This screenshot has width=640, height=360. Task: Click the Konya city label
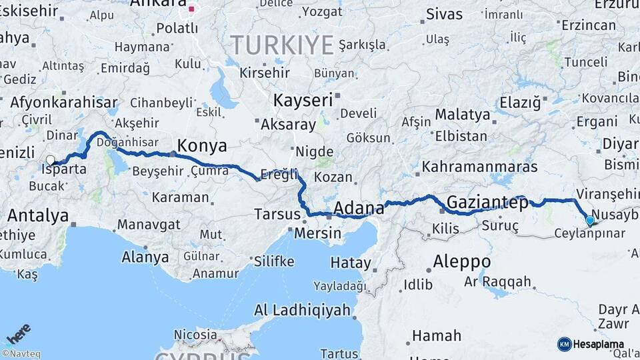(x=201, y=146)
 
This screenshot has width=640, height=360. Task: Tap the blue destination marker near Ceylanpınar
(x=589, y=221)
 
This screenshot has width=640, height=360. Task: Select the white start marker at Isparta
(x=51, y=160)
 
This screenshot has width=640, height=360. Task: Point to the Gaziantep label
(x=487, y=202)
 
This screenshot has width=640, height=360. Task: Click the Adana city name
(x=359, y=209)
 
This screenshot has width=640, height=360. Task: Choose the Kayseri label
(x=303, y=101)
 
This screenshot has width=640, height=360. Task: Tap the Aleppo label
(x=461, y=261)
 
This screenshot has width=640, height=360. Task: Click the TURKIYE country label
(x=281, y=45)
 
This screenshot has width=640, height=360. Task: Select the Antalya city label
(x=38, y=216)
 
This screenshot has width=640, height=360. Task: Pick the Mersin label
(x=317, y=234)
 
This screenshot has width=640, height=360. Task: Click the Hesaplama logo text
(x=599, y=344)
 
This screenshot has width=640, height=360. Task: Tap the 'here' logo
(x=19, y=333)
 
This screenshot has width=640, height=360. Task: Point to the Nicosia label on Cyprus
(x=195, y=334)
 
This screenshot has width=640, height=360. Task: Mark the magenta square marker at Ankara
(x=192, y=9)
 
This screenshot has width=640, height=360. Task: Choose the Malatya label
(x=462, y=115)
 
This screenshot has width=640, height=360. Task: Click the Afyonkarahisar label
(x=64, y=103)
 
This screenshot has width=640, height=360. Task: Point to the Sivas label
(x=444, y=13)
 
